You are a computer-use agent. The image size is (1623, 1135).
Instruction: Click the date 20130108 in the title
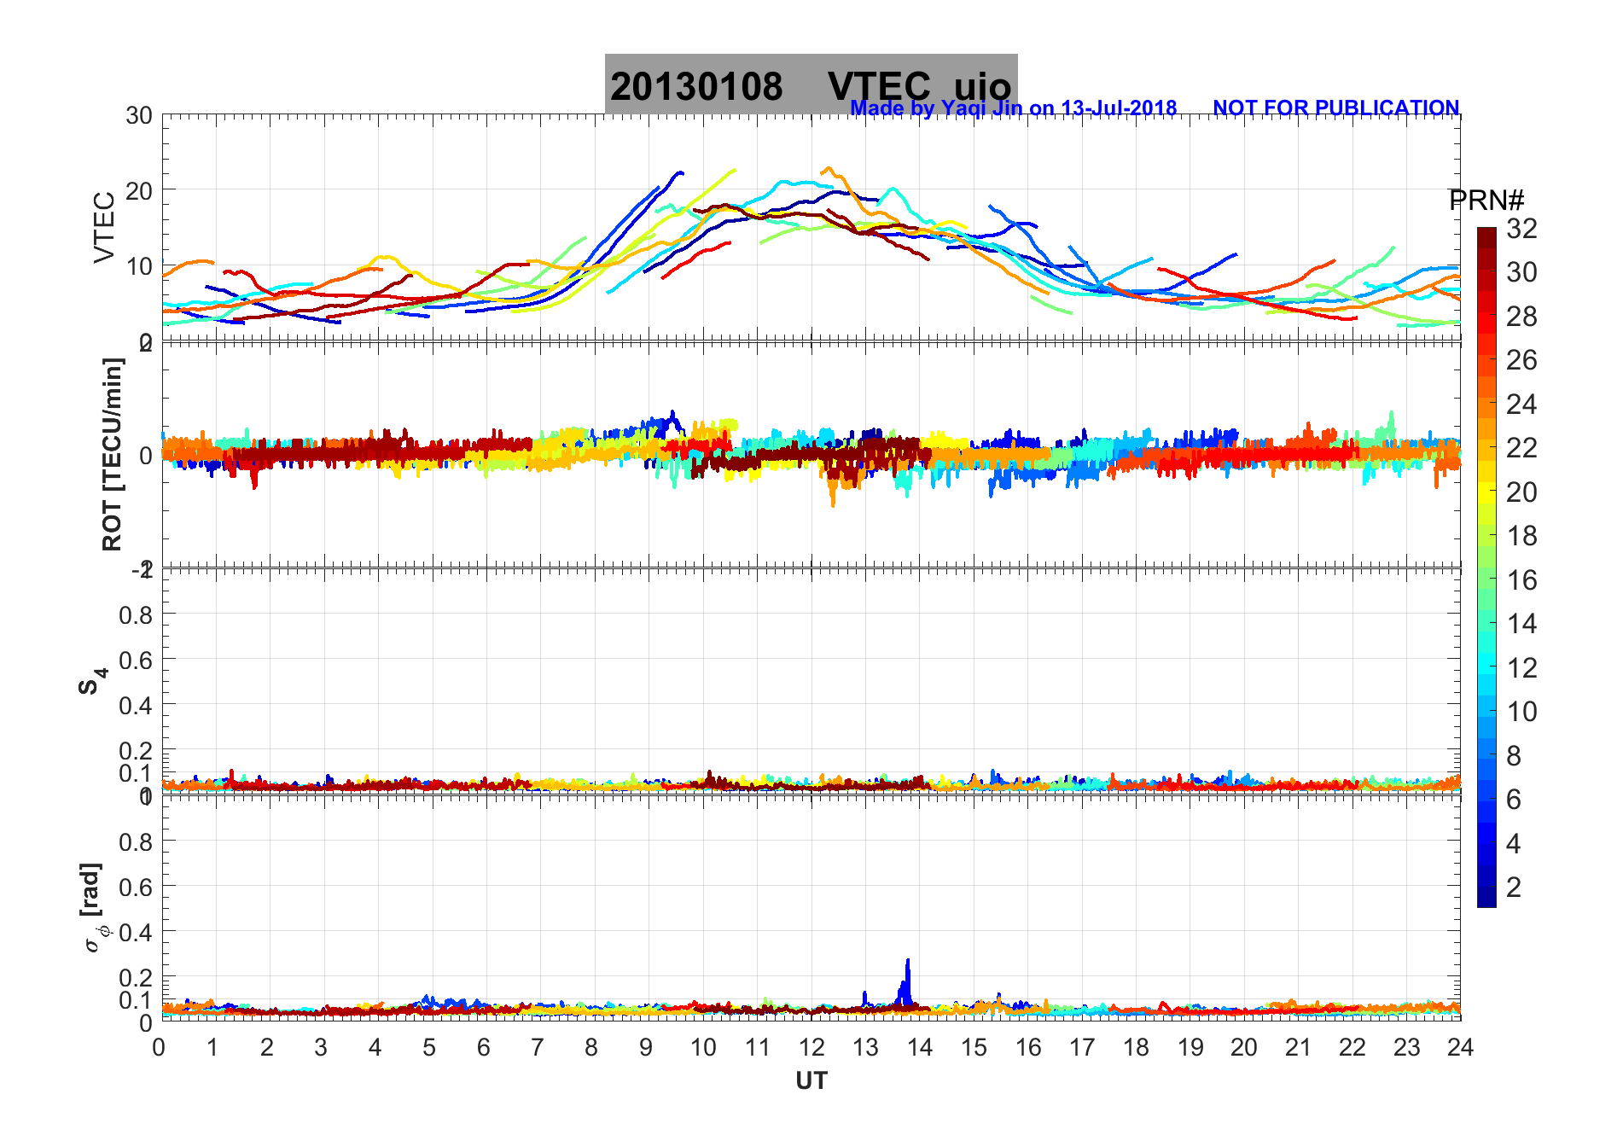click(695, 87)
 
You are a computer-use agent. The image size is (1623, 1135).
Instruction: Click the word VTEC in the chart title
click(879, 87)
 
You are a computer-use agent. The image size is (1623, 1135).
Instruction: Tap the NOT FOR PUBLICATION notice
click(1335, 108)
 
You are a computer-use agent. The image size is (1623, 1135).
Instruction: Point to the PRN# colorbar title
click(1486, 201)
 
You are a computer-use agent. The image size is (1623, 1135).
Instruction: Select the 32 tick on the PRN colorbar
click(1521, 229)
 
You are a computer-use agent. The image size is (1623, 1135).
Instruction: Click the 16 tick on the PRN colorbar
click(1521, 580)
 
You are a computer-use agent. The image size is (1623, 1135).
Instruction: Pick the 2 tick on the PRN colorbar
click(1514, 888)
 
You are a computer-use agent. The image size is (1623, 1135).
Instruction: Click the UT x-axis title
click(811, 1081)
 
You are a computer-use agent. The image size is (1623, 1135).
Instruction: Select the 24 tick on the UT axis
click(1460, 1047)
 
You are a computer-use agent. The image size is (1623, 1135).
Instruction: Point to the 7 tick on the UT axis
click(538, 1047)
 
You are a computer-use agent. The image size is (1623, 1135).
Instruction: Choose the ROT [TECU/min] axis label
click(112, 454)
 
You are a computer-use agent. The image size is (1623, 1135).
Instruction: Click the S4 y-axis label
click(92, 681)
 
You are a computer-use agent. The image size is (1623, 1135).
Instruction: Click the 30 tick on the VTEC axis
click(139, 116)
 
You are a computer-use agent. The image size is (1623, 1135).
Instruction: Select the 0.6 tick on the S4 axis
click(135, 660)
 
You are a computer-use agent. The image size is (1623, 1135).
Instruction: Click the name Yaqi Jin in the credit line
click(980, 108)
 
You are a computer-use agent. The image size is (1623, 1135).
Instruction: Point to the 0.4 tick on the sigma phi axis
click(135, 932)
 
